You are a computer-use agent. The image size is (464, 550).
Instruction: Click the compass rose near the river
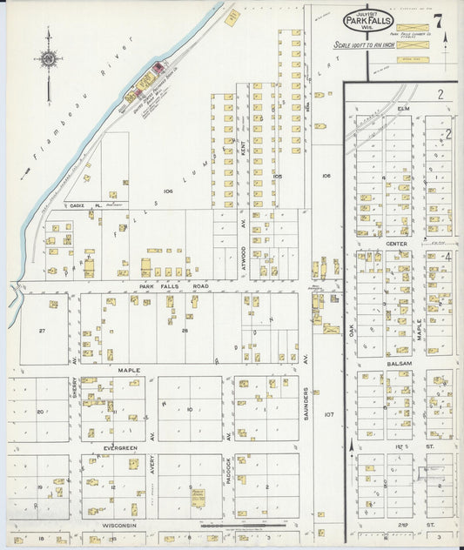48,59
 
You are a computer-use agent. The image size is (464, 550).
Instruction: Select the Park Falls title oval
368,19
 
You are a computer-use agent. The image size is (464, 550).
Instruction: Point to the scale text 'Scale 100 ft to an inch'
364,44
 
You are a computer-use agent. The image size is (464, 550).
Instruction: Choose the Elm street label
403,109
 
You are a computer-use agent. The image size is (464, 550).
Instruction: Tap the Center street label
397,244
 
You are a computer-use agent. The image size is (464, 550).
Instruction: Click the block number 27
42,331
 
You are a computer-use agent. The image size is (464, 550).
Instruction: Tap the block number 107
328,414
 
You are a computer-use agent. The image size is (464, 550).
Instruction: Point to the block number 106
326,176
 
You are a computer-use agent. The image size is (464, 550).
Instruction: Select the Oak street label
353,329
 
